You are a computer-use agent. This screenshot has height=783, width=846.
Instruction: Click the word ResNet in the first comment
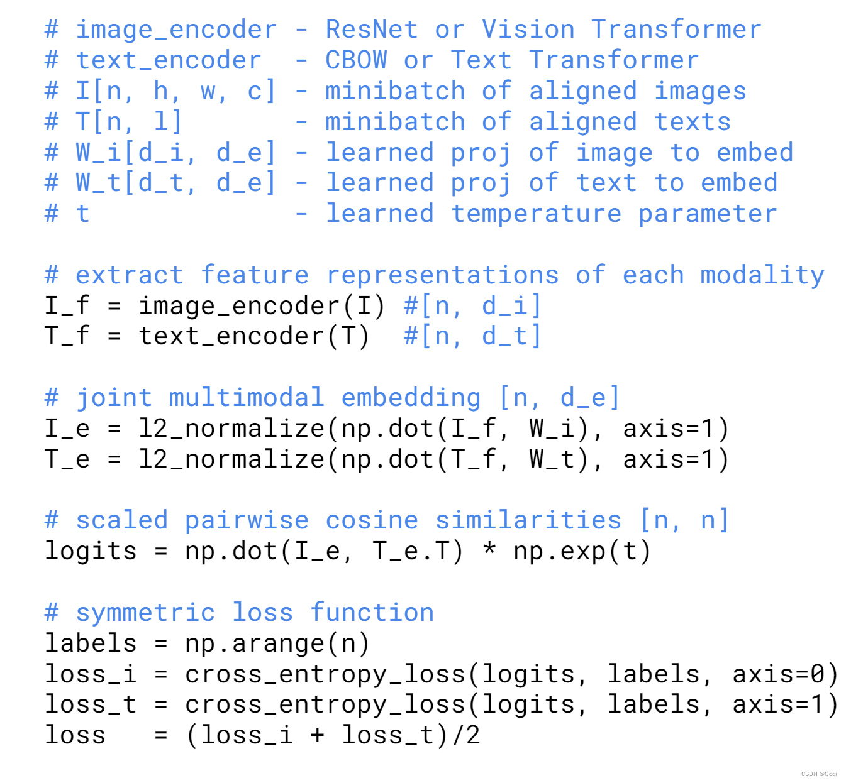point(371,30)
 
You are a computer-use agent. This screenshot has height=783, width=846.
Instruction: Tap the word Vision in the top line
point(528,30)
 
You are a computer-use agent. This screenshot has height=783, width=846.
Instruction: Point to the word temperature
point(536,214)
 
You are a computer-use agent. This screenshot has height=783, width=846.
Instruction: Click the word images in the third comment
point(700,91)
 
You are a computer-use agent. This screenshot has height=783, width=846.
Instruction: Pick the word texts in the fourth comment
point(693,122)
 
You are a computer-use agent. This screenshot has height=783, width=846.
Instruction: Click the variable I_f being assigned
point(67,306)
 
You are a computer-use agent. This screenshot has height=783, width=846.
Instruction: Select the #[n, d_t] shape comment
point(472,336)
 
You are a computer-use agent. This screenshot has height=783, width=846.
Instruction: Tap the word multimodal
point(246,398)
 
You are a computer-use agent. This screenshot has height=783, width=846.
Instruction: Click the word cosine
point(372,520)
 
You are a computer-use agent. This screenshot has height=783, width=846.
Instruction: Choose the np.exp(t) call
point(582,551)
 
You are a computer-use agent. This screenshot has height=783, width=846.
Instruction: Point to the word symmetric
point(145,613)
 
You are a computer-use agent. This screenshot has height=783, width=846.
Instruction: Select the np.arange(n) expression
point(277,643)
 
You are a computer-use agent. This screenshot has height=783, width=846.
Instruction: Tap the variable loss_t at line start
point(91,704)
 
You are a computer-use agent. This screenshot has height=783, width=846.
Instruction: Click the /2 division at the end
point(465,735)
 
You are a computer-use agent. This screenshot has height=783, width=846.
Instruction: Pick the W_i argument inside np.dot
point(552,429)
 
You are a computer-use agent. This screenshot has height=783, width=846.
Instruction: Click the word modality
point(762,275)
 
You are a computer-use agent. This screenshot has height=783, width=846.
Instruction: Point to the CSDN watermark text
point(818,774)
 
